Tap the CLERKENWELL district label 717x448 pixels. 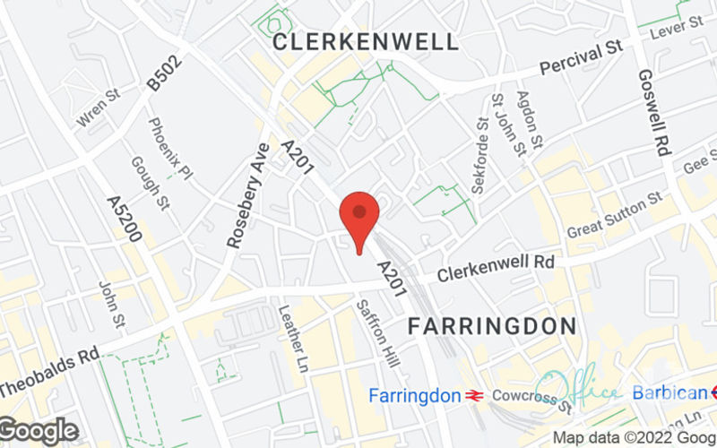tap(366, 41)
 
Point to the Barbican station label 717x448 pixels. tap(669, 392)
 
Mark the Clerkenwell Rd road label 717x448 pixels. tap(497, 266)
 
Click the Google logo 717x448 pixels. tap(39, 431)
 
